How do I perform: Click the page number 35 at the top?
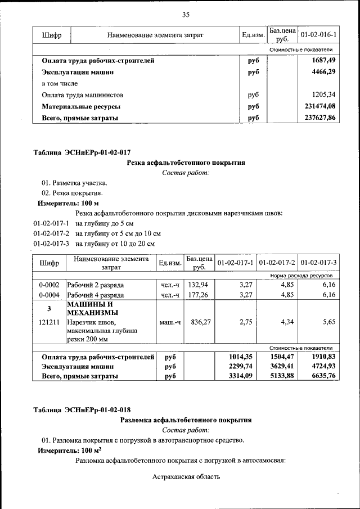pos(186,14)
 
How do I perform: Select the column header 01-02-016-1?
pos(318,35)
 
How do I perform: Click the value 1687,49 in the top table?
pos(323,60)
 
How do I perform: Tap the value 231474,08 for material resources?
pos(319,106)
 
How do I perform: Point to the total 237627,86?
pos(319,118)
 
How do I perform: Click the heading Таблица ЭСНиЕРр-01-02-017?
pos(82,152)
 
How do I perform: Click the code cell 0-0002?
pos(49,285)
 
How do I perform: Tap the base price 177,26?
pos(198,294)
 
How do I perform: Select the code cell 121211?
pos(49,323)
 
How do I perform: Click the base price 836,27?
pos(198,323)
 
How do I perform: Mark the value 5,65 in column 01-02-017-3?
pos(327,323)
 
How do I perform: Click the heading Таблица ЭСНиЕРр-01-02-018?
pos(82,409)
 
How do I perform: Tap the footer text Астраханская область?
pos(186,477)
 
